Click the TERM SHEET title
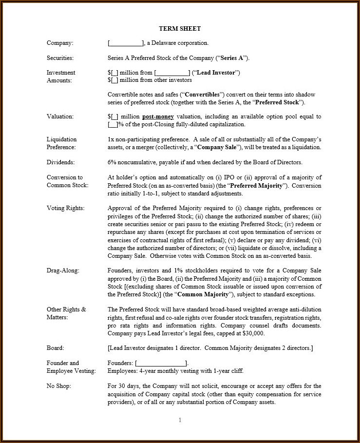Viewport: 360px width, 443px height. [x=180, y=29]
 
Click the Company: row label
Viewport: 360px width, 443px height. [x=60, y=43]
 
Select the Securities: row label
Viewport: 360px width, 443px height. [x=60, y=58]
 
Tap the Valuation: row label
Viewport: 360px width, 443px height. [x=60, y=116]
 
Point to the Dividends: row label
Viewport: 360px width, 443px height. [x=61, y=162]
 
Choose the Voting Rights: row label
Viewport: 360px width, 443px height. [x=65, y=208]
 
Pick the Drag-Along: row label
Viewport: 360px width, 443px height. [x=63, y=270]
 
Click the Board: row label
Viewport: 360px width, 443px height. [x=55, y=348]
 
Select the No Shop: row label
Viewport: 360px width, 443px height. [x=59, y=386]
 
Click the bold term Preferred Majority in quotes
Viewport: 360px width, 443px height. [x=256, y=186]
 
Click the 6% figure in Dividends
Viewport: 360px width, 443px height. [x=112, y=162]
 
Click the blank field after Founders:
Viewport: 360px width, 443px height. [x=161, y=363]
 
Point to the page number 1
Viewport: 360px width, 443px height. [x=180, y=420]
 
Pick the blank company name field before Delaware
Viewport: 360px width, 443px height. [x=125, y=43]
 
